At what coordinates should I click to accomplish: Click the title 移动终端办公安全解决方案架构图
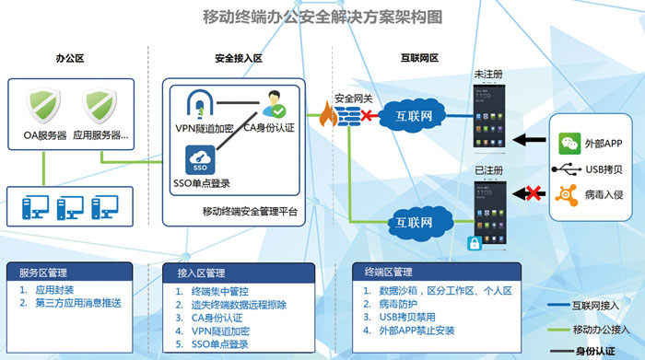(322, 17)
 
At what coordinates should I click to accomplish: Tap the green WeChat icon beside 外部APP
(569, 143)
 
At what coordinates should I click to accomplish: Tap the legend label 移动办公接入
(600, 329)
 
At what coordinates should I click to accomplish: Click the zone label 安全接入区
(239, 58)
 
